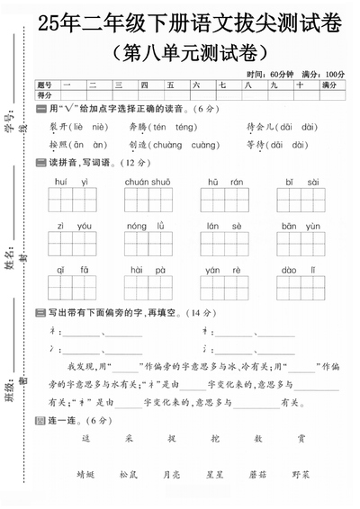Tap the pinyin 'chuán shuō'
pos(148,183)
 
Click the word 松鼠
pos(128,473)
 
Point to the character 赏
pos(301,439)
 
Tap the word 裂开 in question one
pos(58,128)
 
